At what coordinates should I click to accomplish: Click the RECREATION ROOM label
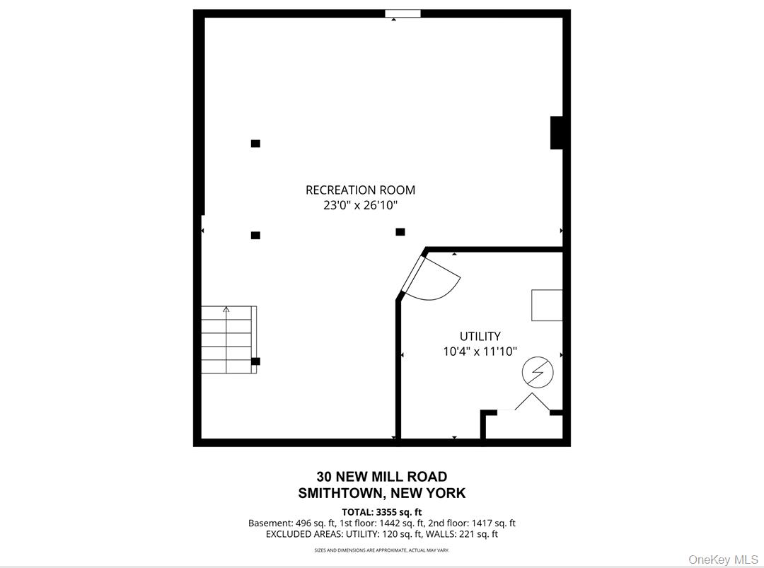pos(360,190)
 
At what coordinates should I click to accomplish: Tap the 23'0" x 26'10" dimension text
pos(360,205)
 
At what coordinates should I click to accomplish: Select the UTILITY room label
pos(480,336)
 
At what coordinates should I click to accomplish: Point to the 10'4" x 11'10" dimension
pos(480,352)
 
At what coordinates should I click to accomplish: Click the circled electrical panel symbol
pos(538,373)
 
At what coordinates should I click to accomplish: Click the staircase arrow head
pos(226,309)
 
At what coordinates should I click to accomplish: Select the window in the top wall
pos(403,13)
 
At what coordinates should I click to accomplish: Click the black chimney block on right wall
pos(557,132)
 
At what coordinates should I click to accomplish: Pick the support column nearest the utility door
pos(400,232)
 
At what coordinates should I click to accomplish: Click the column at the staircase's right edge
pos(255,361)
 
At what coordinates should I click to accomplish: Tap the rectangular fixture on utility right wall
pos(547,306)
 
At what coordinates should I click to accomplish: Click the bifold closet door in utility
pos(532,402)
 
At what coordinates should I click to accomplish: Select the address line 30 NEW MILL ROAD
pos(382,477)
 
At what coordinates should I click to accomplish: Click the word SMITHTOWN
pos(340,493)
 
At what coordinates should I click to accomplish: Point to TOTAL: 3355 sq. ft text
pos(382,512)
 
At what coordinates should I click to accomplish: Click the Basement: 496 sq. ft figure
pos(291,523)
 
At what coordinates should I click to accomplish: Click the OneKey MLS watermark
pos(723,560)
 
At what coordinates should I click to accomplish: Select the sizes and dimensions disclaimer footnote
pos(382,550)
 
